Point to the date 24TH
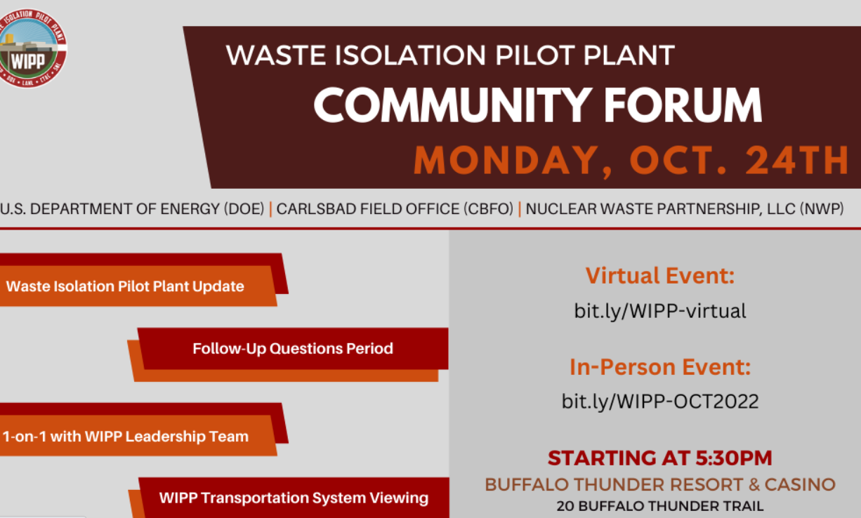798,161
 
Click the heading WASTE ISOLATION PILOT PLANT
450,55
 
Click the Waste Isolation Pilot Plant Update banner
126,286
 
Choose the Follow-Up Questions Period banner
293,348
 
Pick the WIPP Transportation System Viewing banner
294,498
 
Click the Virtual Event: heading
660,275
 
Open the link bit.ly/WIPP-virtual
660,310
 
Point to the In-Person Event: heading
660,366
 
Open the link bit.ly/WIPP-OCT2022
660,401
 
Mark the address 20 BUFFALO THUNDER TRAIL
660,505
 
